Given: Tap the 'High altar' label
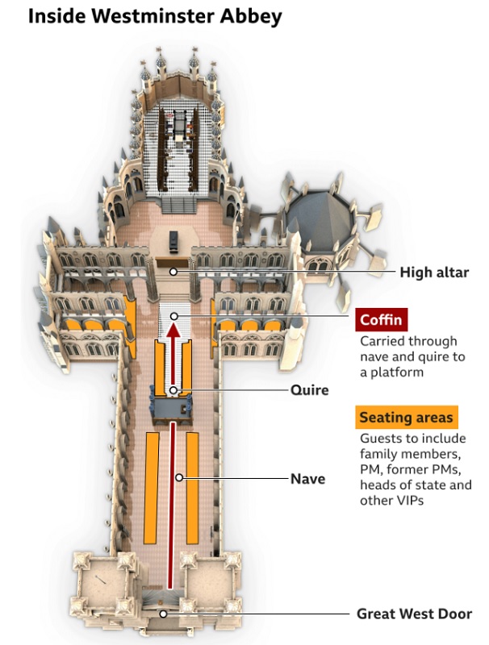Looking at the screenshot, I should (x=433, y=273).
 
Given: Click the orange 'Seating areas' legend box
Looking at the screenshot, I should (x=405, y=418).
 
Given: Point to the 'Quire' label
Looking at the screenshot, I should (x=310, y=390).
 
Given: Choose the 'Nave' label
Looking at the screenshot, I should (x=307, y=479).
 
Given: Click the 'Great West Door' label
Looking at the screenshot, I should (x=414, y=614).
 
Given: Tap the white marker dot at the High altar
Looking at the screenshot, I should (x=173, y=273).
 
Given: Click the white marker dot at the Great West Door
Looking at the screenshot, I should (x=163, y=614).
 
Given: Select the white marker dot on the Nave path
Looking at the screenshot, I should (x=179, y=478).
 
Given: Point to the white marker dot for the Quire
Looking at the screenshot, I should (x=173, y=390).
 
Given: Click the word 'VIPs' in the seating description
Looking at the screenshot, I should (x=408, y=500).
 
